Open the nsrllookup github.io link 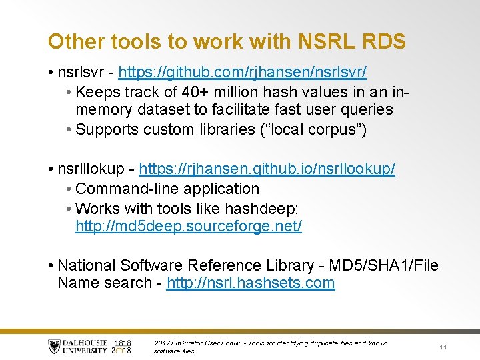(267, 169)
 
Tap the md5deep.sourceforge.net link (189, 226)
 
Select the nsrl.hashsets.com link (251, 283)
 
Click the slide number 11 (443, 347)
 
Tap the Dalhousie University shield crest (55, 346)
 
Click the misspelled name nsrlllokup (91, 169)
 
